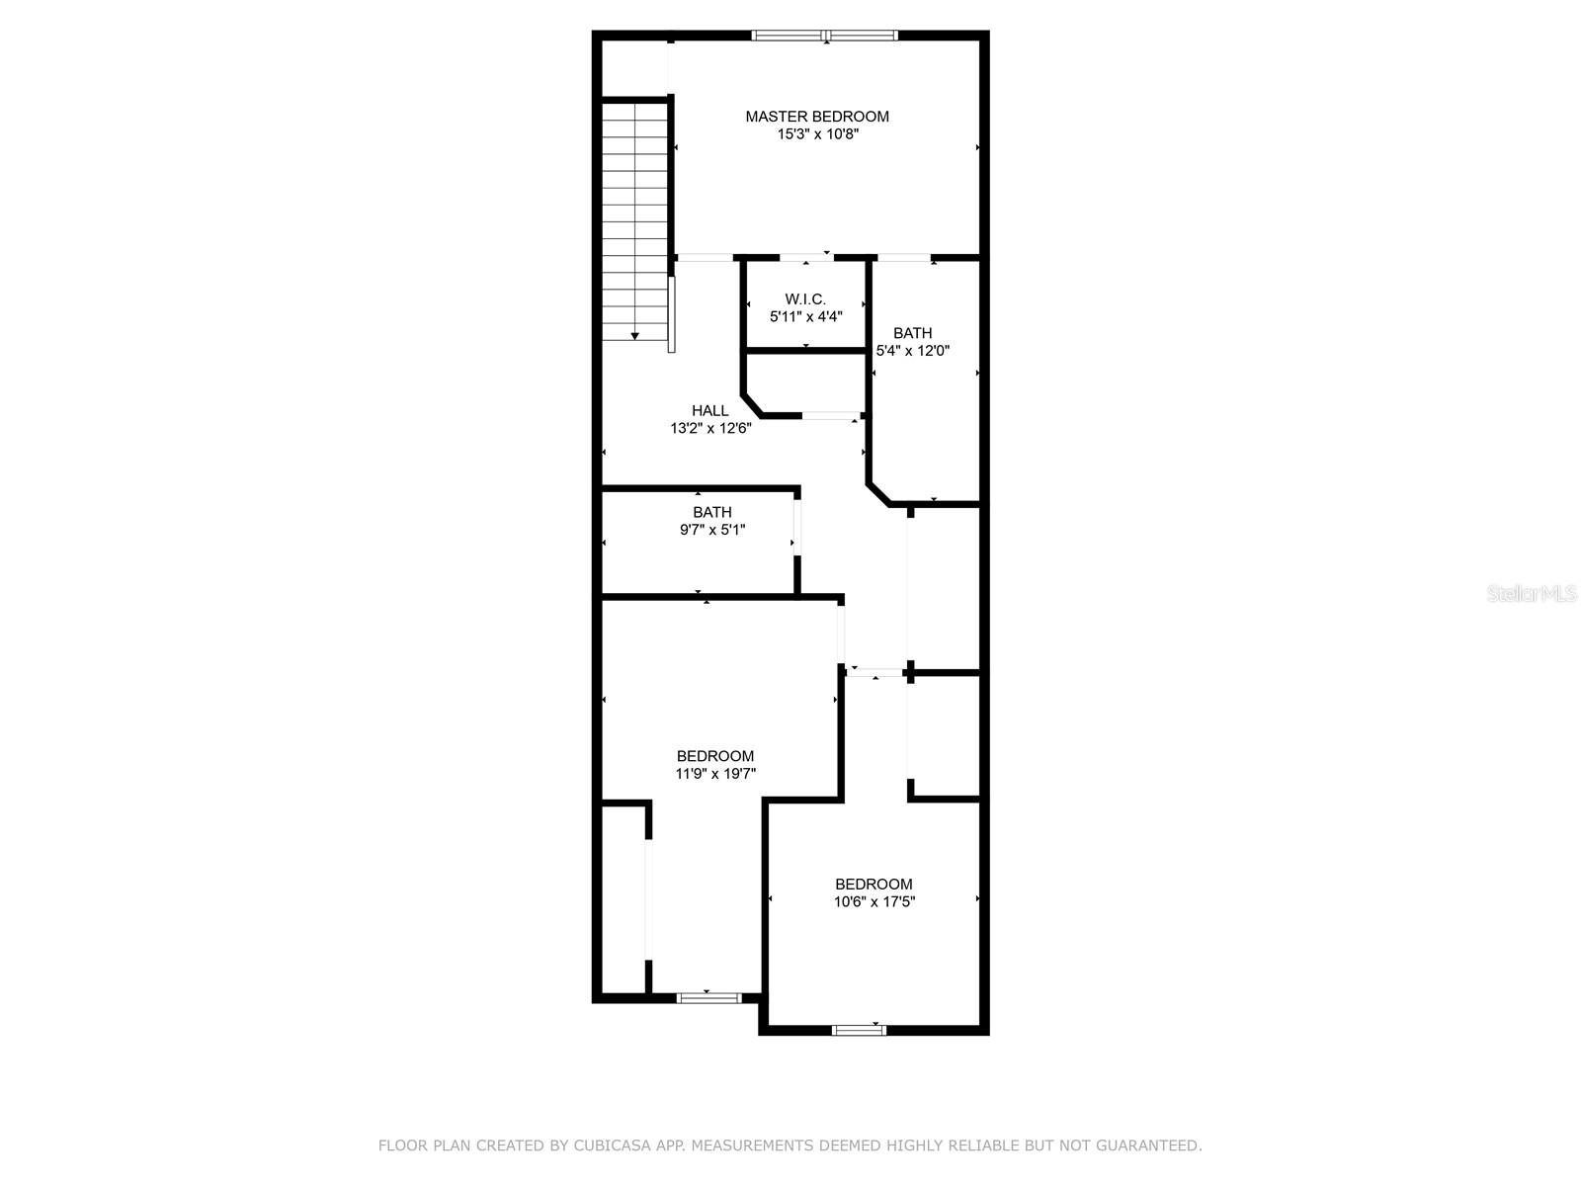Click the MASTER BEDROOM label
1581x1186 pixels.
click(817, 117)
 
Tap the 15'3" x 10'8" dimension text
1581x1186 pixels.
click(817, 134)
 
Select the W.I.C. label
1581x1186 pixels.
click(805, 298)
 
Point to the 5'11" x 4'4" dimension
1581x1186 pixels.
click(806, 317)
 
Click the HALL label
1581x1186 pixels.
click(710, 410)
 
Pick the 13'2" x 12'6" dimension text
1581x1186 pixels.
click(710, 429)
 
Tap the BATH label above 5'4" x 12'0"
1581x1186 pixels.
click(913, 333)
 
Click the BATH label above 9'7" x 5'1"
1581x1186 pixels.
click(712, 512)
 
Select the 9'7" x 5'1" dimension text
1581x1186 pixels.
click(712, 530)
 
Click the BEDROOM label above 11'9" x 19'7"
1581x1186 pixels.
click(715, 756)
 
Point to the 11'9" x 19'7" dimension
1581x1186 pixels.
click(715, 774)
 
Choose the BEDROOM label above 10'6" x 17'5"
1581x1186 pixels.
click(874, 885)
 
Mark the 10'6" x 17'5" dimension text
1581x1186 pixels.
click(874, 901)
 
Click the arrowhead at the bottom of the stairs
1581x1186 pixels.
click(634, 336)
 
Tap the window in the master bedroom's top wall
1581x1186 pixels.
click(825, 35)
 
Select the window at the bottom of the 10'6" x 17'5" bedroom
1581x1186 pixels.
click(860, 1031)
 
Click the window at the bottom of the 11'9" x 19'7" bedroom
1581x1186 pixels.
click(708, 998)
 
